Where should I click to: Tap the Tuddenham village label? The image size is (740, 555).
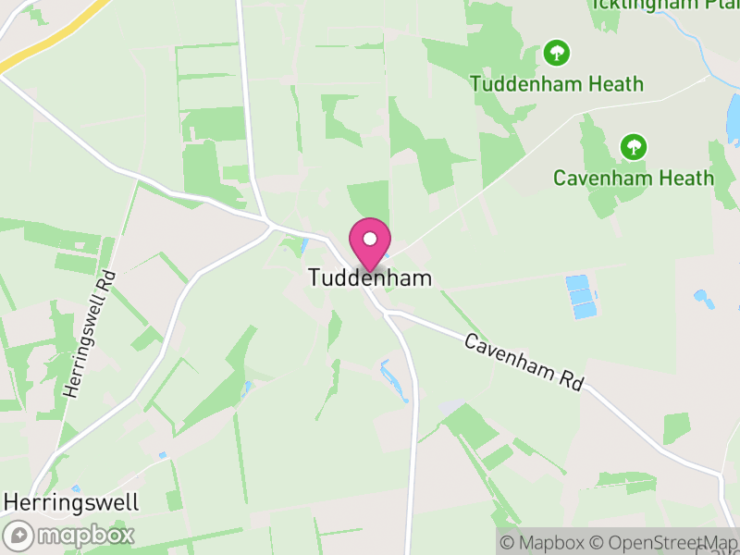click(x=370, y=277)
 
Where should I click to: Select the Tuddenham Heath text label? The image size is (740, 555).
click(x=556, y=83)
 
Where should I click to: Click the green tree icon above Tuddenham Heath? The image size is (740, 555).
click(x=556, y=52)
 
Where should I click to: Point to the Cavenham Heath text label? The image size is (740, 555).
click(x=634, y=178)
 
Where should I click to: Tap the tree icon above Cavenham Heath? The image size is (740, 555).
click(x=634, y=146)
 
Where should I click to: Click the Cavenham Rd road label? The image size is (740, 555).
click(x=524, y=362)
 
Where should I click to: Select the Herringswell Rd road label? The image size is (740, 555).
click(x=87, y=333)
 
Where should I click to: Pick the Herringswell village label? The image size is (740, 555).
click(x=71, y=502)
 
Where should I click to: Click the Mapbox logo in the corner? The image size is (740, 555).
click(x=70, y=535)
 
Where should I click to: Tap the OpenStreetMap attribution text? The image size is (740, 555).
click(x=663, y=542)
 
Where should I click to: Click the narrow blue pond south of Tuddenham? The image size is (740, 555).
click(x=394, y=379)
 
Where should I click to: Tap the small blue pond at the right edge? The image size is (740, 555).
click(x=734, y=120)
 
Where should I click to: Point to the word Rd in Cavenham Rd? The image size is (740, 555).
click(x=570, y=378)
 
